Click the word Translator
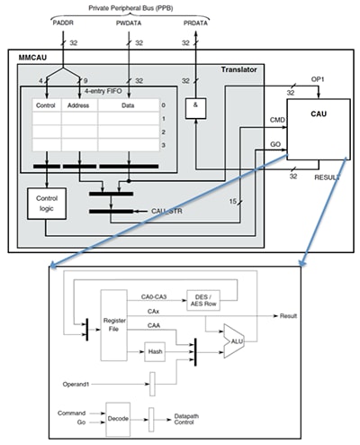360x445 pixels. tap(240, 70)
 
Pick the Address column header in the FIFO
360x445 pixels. tap(75, 105)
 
